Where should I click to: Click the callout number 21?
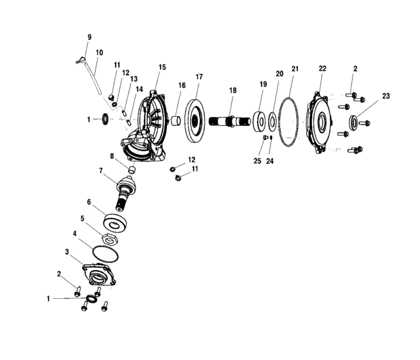295,68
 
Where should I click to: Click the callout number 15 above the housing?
161,67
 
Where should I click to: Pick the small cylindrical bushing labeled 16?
173,120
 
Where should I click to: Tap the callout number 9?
89,37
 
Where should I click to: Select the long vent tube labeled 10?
94,78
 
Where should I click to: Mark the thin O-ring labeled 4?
102,253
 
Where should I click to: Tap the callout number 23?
385,96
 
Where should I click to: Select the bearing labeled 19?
260,122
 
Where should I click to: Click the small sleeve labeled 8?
130,170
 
